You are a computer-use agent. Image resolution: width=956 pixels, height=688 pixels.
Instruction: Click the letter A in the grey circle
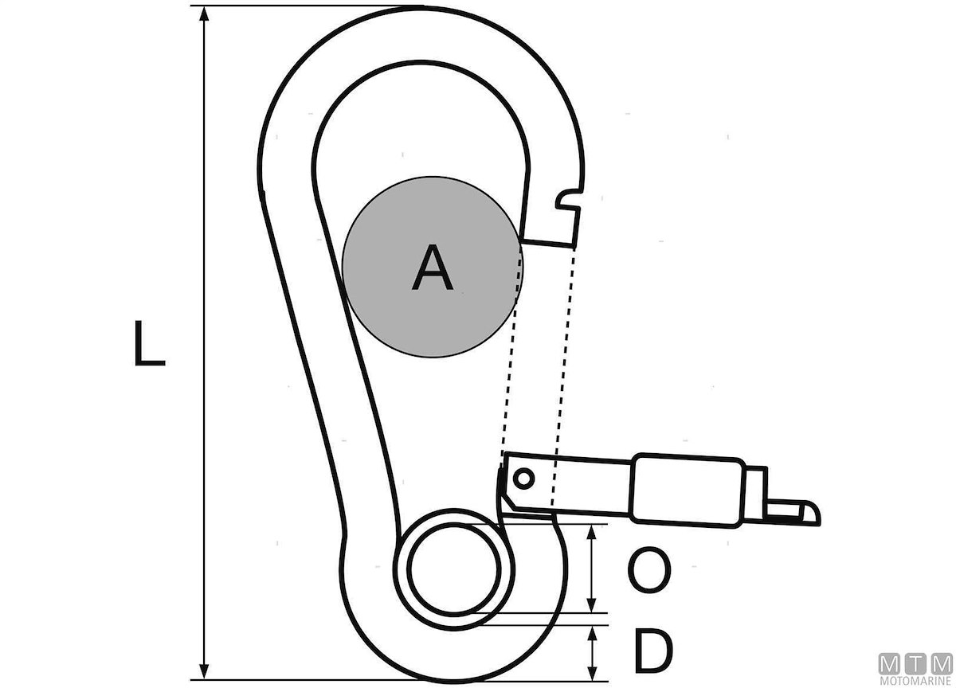pyautogui.click(x=432, y=268)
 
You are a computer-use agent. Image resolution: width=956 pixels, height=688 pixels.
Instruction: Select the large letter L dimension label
pyautogui.click(x=149, y=343)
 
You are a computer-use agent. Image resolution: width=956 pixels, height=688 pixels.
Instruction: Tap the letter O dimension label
pyautogui.click(x=649, y=570)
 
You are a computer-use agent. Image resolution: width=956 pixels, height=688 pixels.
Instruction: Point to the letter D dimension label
pyautogui.click(x=653, y=651)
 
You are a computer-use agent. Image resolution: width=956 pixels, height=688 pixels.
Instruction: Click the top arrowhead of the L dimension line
pyautogui.click(x=205, y=14)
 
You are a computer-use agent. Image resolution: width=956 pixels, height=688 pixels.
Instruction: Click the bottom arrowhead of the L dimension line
pyautogui.click(x=205, y=671)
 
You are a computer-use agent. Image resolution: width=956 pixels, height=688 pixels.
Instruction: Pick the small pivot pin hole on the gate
pyautogui.click(x=523, y=479)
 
